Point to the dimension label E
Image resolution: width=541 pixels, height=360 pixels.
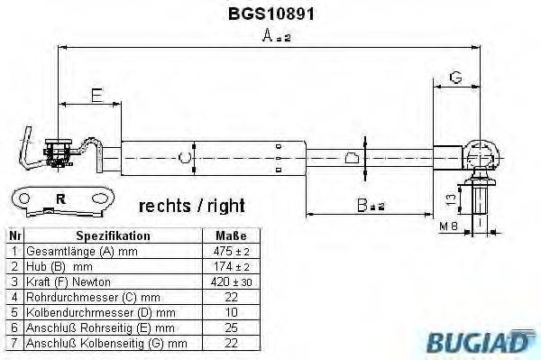pos(96,93)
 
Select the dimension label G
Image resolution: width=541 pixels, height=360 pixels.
pos(455,78)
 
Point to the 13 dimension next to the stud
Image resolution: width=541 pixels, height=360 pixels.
pos(448,198)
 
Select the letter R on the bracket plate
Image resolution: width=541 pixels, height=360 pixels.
pos(60,198)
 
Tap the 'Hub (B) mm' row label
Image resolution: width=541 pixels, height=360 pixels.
pos(61,266)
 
